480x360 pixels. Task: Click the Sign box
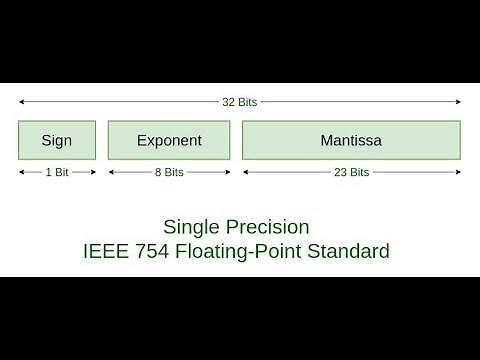[x=57, y=140]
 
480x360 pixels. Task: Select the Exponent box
[x=169, y=140]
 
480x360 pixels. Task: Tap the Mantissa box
[x=351, y=140]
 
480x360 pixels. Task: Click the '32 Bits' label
[x=240, y=101]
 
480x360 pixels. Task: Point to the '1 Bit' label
[x=57, y=172]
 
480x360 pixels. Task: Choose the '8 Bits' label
[x=169, y=172]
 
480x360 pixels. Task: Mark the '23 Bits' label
[x=351, y=172]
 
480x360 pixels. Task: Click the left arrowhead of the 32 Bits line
[x=21, y=101]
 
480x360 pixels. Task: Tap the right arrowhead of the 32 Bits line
[x=458, y=101]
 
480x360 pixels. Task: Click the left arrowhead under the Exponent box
[x=111, y=172]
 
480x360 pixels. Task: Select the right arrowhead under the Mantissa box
[x=458, y=172]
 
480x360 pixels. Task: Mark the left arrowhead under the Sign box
[x=21, y=172]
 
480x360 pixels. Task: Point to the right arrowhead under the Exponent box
[x=227, y=172]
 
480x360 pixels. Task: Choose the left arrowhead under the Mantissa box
[x=245, y=172]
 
